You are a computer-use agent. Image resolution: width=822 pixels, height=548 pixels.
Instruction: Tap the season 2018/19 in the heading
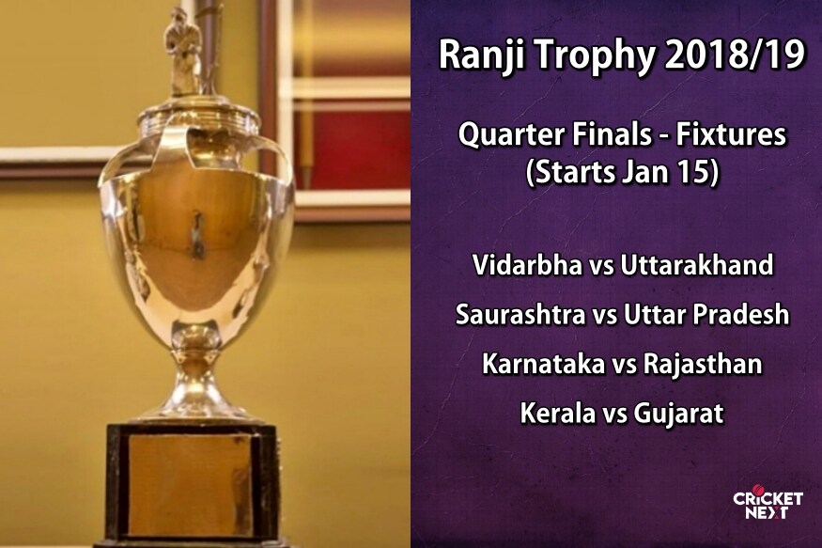pyautogui.click(x=734, y=54)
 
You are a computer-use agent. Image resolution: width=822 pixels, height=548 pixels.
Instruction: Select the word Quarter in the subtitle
pyautogui.click(x=512, y=135)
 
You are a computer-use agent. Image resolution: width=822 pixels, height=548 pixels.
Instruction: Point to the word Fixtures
pyautogui.click(x=731, y=134)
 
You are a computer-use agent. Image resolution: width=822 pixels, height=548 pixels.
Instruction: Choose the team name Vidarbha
pyautogui.click(x=527, y=264)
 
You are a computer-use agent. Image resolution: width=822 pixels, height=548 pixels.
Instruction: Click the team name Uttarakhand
pyautogui.click(x=697, y=264)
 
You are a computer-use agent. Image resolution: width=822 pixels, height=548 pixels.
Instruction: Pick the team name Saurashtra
pyautogui.click(x=520, y=314)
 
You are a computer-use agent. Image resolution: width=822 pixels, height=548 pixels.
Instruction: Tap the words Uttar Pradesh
pyautogui.click(x=706, y=314)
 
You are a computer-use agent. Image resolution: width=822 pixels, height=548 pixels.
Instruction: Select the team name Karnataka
pyautogui.click(x=543, y=364)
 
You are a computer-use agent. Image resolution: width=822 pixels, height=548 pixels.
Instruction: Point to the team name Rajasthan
pyautogui.click(x=703, y=364)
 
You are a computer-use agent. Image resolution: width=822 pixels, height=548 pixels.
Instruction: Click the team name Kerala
pyautogui.click(x=557, y=414)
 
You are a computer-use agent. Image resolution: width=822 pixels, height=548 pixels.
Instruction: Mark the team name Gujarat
pyautogui.click(x=678, y=414)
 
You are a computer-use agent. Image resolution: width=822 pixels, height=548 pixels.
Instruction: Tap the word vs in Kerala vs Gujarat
pyautogui.click(x=613, y=415)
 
